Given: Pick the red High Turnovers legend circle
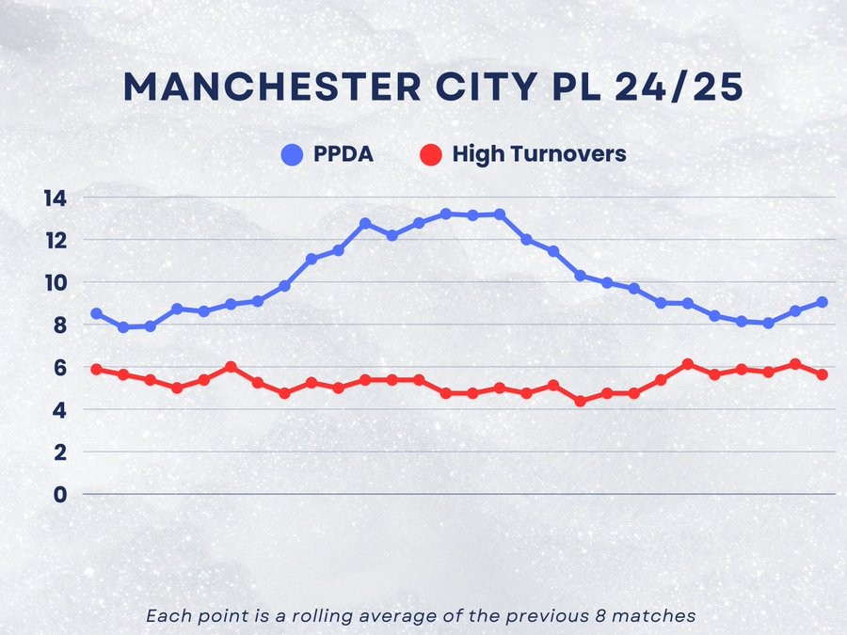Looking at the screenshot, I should click(431, 154).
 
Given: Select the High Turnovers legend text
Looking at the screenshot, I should click(539, 154).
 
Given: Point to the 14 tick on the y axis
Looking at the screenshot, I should click(54, 198).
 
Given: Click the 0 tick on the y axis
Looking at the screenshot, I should click(60, 495).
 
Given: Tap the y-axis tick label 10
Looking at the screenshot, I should click(54, 283).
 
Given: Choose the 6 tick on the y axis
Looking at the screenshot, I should click(60, 368).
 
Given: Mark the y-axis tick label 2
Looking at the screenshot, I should click(60, 452).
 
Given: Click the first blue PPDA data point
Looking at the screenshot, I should click(96, 313).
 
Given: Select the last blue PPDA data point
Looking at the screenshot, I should click(823, 302).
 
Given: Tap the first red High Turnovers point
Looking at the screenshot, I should click(96, 370).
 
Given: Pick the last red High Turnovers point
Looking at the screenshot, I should click(823, 374).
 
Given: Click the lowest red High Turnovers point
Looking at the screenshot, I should click(580, 401).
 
